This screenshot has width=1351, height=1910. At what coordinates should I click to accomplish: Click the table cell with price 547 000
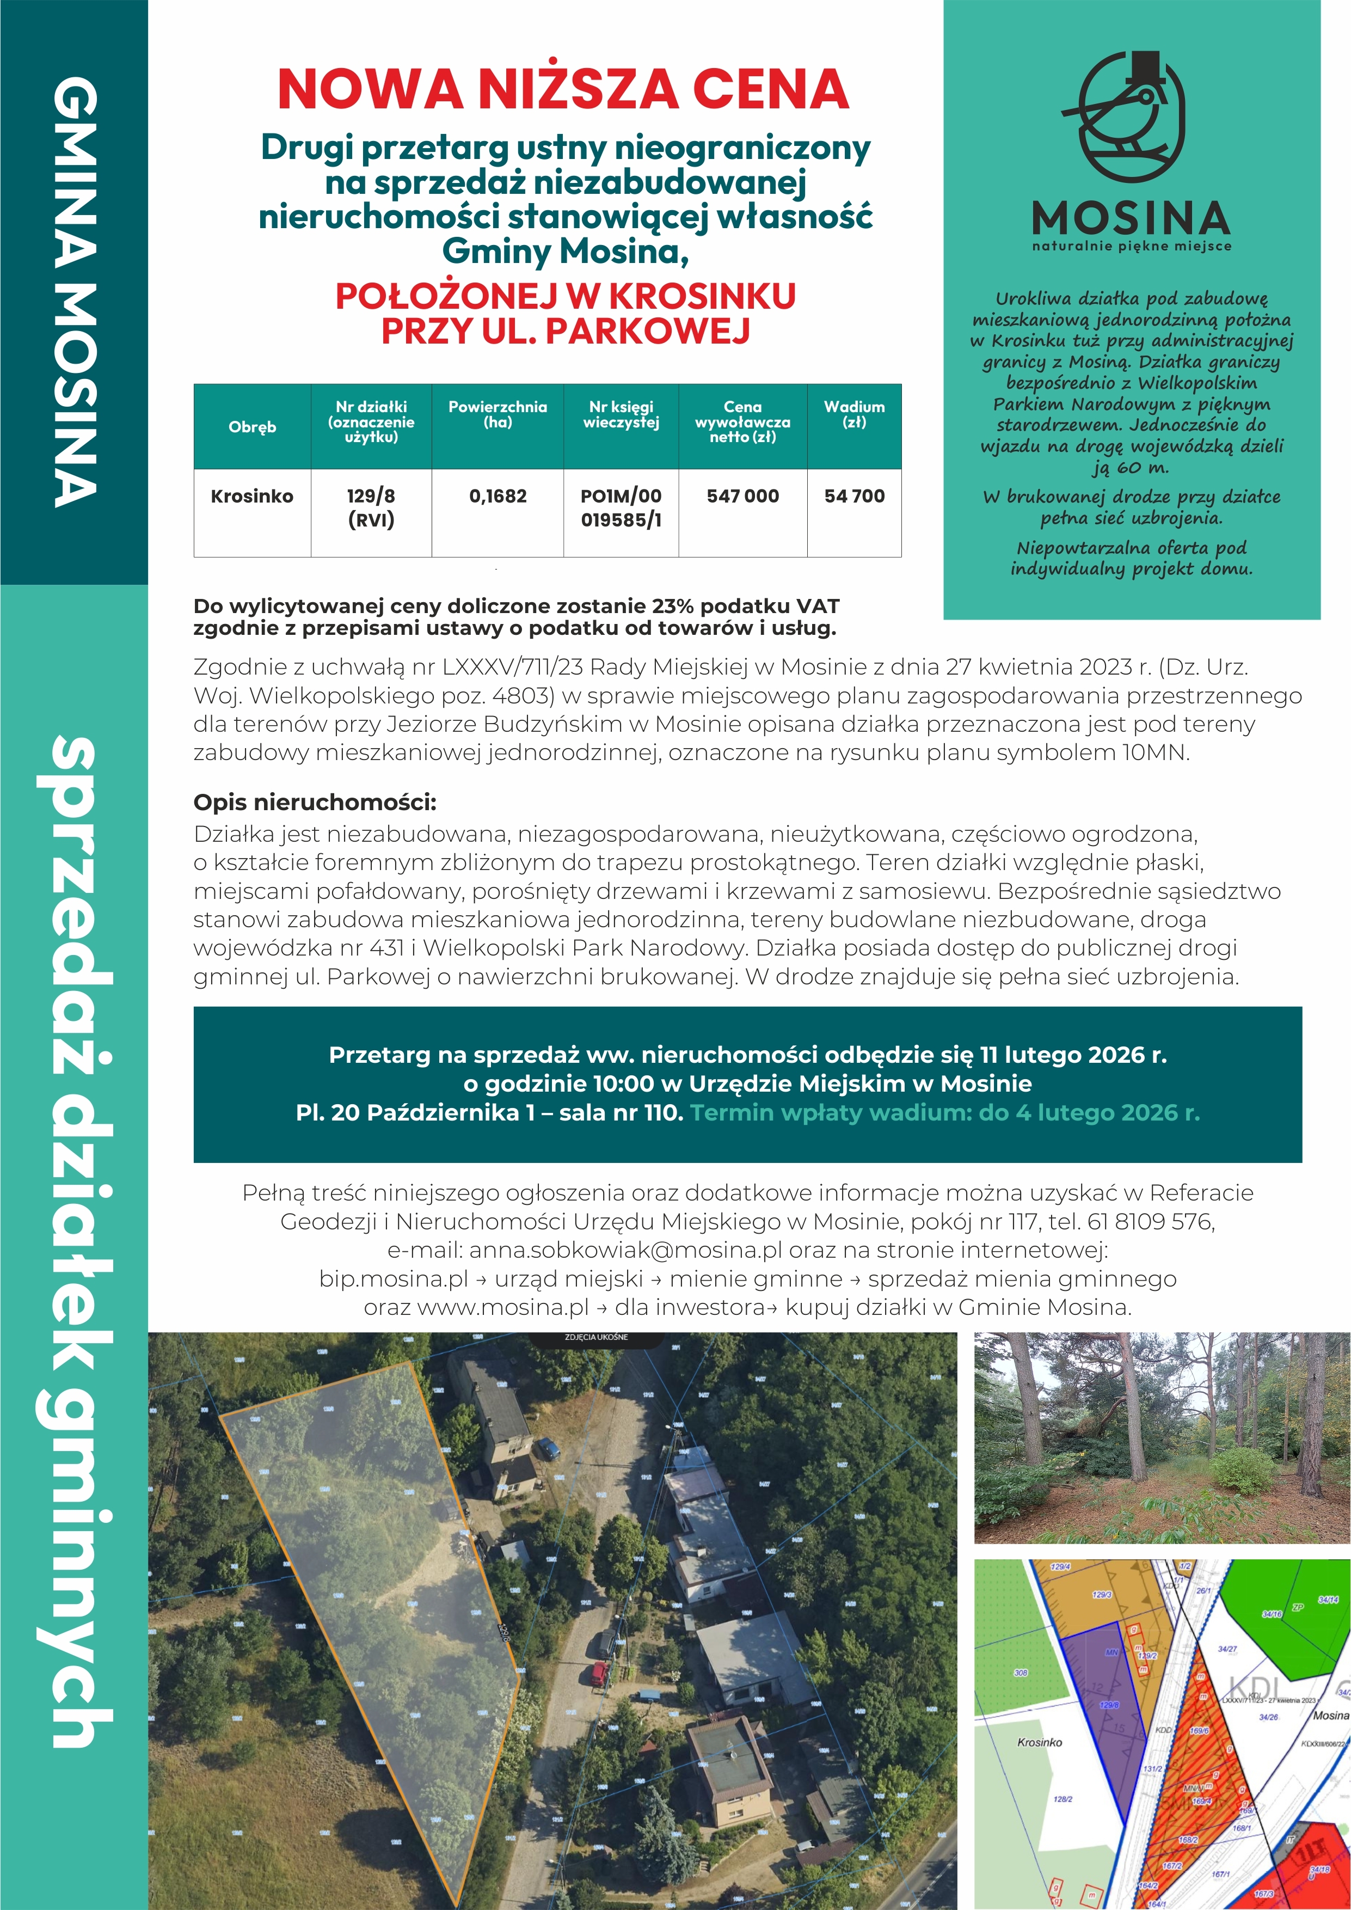tap(742, 497)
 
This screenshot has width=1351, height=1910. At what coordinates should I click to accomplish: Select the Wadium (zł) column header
tap(855, 414)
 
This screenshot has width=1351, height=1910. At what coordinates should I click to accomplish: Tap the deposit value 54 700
tap(855, 497)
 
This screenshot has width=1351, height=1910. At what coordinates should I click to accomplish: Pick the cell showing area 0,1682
tap(498, 497)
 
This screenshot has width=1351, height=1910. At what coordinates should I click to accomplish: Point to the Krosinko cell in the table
tap(252, 497)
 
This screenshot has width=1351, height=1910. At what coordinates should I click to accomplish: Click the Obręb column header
tap(252, 427)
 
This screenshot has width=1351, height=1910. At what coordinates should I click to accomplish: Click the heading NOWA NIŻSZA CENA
tap(563, 90)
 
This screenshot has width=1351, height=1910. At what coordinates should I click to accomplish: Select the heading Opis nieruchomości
tap(315, 803)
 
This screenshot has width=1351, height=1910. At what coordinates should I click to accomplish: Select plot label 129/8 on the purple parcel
tap(1109, 1705)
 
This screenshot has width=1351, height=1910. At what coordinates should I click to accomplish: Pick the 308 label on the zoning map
tap(1021, 1672)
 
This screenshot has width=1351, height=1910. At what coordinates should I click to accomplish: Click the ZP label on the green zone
tap(1297, 1607)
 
